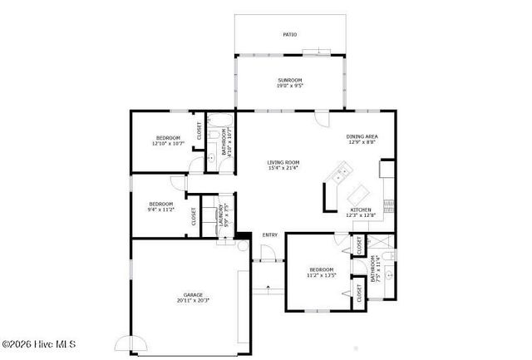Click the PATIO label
coord(289,35)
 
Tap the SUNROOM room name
coord(289,80)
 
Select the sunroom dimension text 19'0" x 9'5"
coord(289,85)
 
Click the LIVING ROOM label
coord(283,162)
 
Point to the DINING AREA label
coord(362,136)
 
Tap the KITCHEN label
coord(360,210)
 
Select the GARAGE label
coord(193,294)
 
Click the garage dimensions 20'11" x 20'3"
coord(193,300)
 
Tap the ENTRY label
coord(269,235)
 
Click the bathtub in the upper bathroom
coord(220,119)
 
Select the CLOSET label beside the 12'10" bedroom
coord(199,131)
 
